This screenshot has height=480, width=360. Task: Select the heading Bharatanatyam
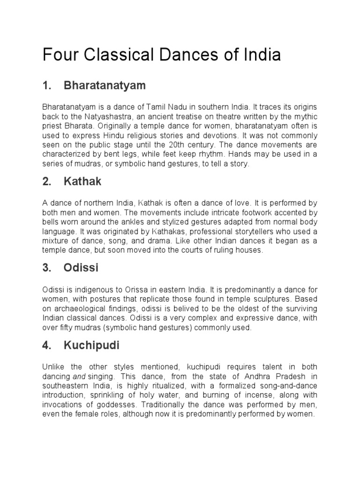(x=105, y=85)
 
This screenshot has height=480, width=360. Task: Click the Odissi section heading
(x=81, y=268)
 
